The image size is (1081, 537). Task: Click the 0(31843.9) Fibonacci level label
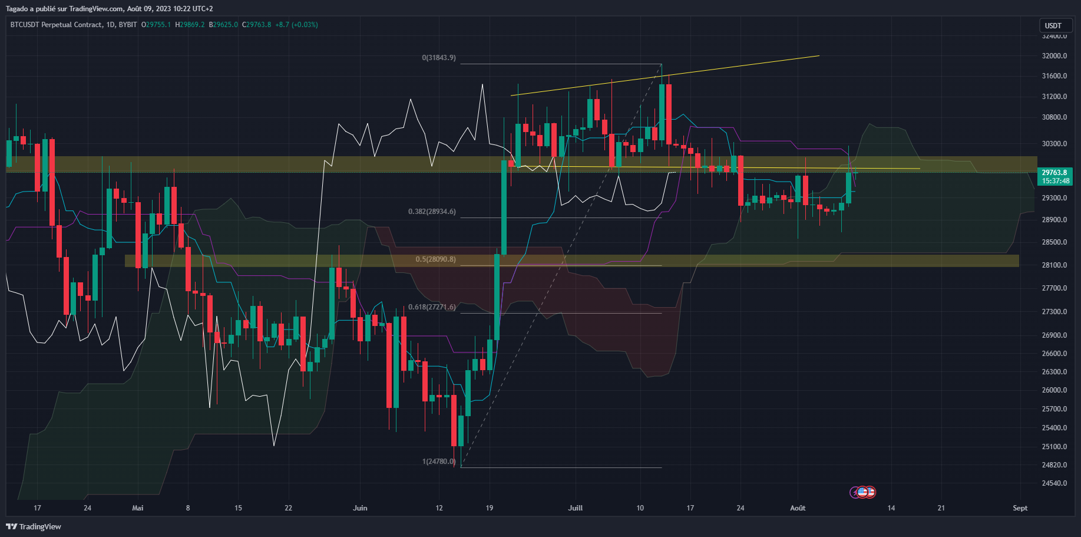coord(439,58)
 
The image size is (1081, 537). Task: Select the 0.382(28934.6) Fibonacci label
coord(432,212)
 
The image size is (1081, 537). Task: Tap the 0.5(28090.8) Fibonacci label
coord(435,259)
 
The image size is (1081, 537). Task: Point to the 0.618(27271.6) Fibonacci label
coord(432,307)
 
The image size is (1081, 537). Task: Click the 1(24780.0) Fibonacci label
coord(439,462)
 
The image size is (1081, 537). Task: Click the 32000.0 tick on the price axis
coord(1054,56)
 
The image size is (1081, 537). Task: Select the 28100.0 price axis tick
coord(1054,265)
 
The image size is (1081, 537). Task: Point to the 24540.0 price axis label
coord(1054,483)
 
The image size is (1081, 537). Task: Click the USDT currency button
coord(1053,25)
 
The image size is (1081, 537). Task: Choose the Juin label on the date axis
coord(360,508)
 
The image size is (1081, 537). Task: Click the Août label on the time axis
coord(798,508)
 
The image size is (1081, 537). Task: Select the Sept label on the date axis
coord(1020,508)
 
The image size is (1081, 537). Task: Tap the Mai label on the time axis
coord(138,508)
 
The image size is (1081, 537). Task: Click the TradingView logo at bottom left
coord(34,526)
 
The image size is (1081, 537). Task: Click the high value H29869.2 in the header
coord(190,25)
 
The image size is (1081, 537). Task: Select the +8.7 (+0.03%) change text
coord(296,25)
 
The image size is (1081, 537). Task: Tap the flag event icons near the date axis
coord(863,492)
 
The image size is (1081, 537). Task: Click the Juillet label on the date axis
coord(575,508)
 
